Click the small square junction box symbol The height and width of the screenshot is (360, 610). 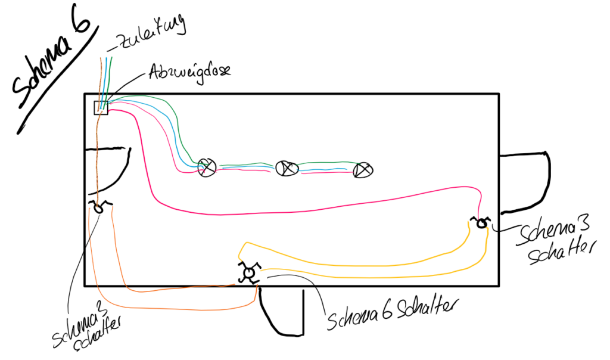(x=101, y=108)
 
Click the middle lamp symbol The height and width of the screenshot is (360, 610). (x=287, y=168)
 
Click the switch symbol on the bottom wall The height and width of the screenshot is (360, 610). (x=248, y=273)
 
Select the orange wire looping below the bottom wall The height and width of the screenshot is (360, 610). (x=179, y=309)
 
